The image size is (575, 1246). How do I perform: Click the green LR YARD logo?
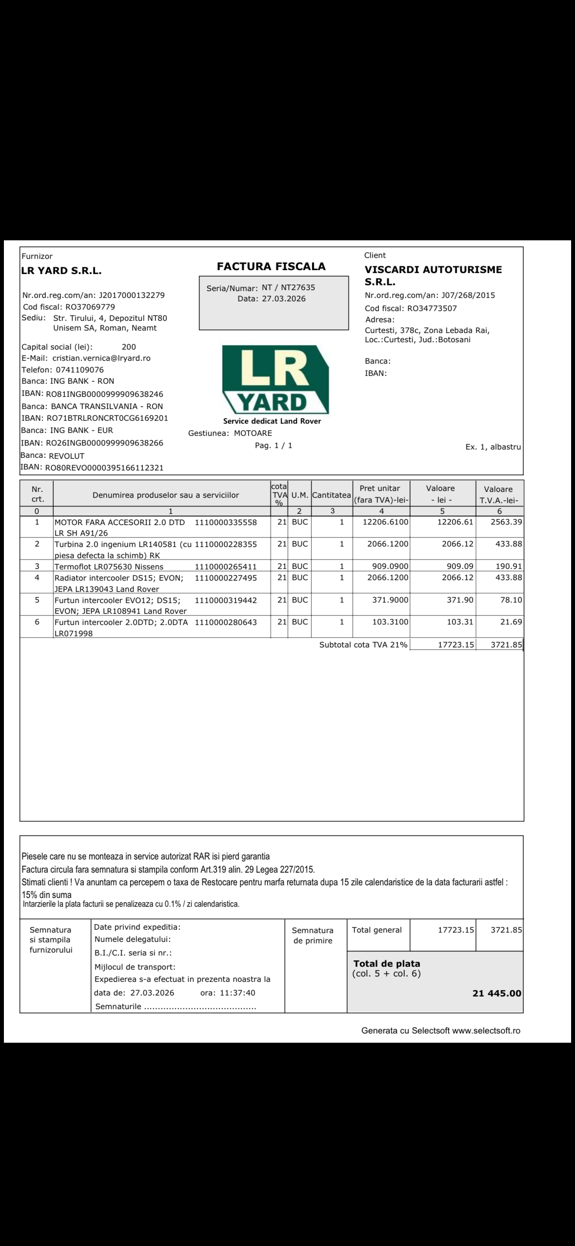pos(276,379)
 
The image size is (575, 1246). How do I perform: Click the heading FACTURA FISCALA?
pos(271,267)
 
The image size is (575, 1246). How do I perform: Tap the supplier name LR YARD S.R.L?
pos(61,272)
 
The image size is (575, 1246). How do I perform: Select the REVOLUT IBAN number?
pos(104,468)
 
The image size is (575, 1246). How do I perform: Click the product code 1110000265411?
pos(225,566)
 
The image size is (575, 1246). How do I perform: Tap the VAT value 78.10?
pos(511,600)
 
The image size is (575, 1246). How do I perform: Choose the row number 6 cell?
pos(37,622)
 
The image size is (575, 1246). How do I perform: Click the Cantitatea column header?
pos(332,495)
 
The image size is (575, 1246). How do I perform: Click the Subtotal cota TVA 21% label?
pos(363,645)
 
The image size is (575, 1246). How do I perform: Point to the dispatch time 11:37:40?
pos(237,979)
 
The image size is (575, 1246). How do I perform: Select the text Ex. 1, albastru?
pos(493,447)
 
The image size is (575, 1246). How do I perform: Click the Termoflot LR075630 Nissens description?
pos(109,566)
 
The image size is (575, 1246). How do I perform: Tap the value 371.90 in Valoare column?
pos(460,600)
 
